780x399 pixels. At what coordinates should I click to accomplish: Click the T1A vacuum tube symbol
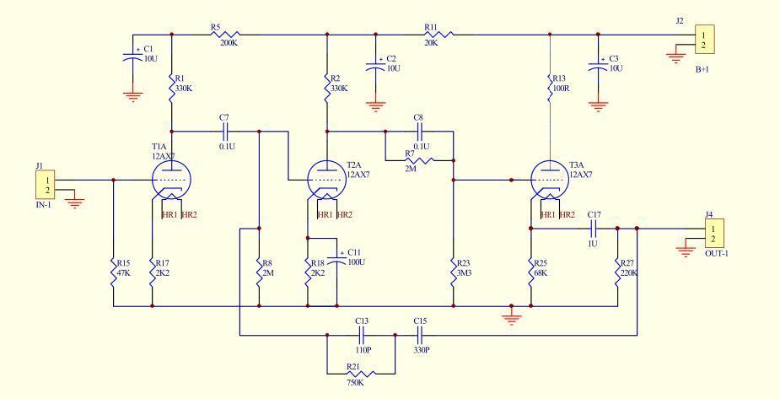point(172,179)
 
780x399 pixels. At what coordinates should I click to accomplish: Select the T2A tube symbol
point(327,179)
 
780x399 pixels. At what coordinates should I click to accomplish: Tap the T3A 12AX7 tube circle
point(551,179)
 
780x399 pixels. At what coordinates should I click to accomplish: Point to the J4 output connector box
point(713,233)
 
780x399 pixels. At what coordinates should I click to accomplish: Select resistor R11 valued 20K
point(438,35)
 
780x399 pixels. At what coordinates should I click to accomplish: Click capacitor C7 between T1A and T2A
point(225,132)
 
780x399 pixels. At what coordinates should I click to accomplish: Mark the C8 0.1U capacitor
point(419,132)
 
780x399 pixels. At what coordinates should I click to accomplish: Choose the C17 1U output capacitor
point(594,228)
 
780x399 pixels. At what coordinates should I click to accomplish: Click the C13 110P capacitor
point(362,335)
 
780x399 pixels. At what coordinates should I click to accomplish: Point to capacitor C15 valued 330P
point(420,335)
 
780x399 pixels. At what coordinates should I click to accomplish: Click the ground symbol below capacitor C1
point(132,94)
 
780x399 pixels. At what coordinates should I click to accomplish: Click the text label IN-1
point(45,205)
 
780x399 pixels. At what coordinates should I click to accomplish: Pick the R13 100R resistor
point(551,88)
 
